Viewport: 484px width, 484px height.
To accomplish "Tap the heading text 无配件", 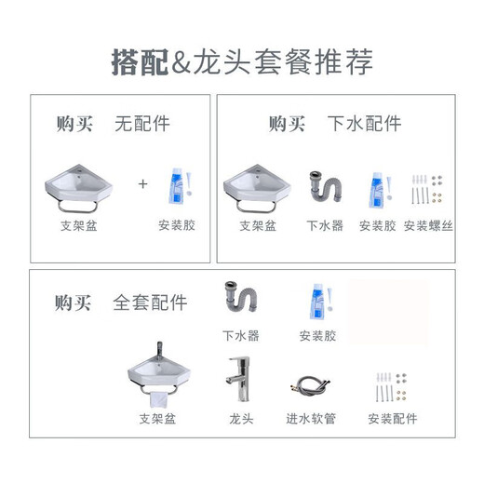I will pyautogui.click(x=142, y=123).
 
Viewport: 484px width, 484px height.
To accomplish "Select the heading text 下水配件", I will pyautogui.click(x=364, y=123).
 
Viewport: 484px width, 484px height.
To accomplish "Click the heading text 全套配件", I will pyautogui.click(x=150, y=302).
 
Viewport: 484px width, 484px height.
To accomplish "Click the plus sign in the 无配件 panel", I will pyautogui.click(x=143, y=183).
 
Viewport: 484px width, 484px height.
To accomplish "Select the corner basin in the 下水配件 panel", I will pyautogui.click(x=257, y=189).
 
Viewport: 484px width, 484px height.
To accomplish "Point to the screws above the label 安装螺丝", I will pyautogui.click(x=428, y=193).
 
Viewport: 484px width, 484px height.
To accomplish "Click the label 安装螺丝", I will pyautogui.click(x=428, y=225).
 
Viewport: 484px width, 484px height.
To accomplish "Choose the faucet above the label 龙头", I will pyautogui.click(x=240, y=382).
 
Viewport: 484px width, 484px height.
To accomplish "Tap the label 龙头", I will pyautogui.click(x=240, y=419).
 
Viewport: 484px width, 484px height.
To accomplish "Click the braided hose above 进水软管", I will pyautogui.click(x=310, y=386).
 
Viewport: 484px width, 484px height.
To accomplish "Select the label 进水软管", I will pyautogui.click(x=310, y=419).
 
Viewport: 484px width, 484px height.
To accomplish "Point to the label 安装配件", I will pyautogui.click(x=392, y=419).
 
